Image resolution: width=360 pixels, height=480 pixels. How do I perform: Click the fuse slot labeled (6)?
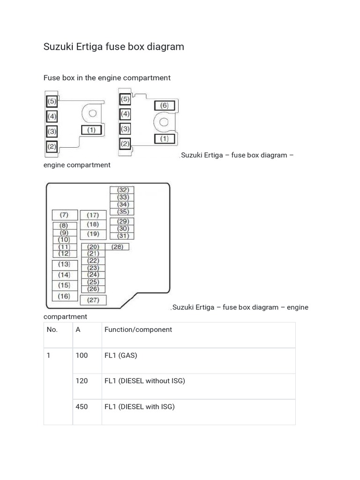164,105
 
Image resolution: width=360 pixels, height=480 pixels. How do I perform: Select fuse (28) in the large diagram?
117,247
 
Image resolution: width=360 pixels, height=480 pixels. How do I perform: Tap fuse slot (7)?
64,215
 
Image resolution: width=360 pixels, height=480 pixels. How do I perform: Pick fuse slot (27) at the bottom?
93,300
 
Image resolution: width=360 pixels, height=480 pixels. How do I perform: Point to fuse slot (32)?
122,190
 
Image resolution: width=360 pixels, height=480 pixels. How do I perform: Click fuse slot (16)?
64,296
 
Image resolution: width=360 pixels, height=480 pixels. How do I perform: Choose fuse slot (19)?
93,234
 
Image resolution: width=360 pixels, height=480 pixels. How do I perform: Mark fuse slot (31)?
122,236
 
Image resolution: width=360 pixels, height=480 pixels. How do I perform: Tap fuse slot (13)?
64,264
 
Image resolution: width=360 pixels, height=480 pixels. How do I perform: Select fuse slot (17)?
93,215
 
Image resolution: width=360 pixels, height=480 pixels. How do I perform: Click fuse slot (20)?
93,247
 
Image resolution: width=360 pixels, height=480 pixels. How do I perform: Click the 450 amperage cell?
82,407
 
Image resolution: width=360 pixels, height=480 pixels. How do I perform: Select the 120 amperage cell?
82,381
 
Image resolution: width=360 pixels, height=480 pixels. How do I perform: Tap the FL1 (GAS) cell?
121,355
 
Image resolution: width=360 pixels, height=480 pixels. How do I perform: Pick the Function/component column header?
138,330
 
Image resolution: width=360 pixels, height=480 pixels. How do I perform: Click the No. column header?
52,330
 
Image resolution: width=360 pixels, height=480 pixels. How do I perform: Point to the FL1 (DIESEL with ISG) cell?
140,407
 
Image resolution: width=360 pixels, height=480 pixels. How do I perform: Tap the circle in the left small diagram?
92,113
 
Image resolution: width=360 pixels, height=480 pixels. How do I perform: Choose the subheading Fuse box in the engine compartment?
107,78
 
